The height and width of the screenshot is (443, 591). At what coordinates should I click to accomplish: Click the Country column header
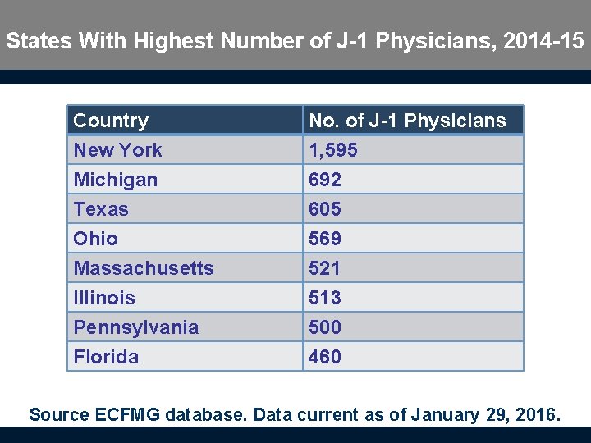point(111,121)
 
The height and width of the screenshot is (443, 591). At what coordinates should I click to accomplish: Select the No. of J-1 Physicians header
point(407,121)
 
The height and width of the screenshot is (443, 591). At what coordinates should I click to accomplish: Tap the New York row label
point(117,150)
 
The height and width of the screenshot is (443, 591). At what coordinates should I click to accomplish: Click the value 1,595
point(332,150)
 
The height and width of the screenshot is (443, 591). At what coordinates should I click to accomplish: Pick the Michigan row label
point(115,180)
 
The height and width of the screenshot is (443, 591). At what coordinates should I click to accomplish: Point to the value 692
point(325,180)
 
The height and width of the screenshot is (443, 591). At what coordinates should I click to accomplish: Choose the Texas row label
point(101,209)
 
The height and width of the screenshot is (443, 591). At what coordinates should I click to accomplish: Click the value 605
point(325,209)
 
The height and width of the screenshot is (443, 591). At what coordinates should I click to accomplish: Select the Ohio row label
point(95,239)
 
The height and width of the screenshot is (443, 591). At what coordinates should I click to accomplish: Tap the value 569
point(325,239)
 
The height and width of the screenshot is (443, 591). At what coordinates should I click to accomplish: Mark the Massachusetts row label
point(144,268)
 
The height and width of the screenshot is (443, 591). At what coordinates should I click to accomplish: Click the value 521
point(325,268)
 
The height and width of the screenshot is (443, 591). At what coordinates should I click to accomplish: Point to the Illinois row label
point(104,298)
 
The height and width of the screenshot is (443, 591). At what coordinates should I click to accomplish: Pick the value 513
point(325,298)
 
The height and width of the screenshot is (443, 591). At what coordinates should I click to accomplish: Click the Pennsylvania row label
point(135,327)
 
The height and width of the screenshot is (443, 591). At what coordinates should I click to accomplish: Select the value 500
point(325,327)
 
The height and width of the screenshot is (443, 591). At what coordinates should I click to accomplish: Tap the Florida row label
point(106,357)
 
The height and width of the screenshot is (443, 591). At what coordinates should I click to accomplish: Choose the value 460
point(325,357)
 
